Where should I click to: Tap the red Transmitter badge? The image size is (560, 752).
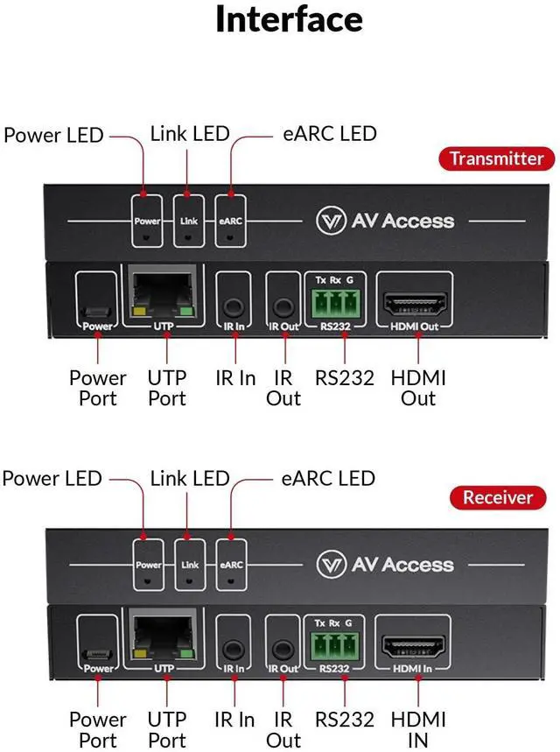tap(497, 158)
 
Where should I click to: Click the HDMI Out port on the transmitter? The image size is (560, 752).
tap(417, 304)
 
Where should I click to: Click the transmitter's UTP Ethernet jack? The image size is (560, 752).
tap(163, 297)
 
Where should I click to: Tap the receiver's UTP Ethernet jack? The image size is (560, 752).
tap(162, 638)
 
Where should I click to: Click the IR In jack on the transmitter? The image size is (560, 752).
tap(233, 307)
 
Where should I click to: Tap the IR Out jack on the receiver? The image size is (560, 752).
tap(282, 650)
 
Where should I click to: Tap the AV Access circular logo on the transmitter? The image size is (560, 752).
tap(328, 221)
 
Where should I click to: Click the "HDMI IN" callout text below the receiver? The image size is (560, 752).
tap(418, 729)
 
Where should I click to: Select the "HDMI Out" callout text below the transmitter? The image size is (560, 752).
tap(418, 388)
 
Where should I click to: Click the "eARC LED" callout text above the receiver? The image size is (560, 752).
tap(327, 478)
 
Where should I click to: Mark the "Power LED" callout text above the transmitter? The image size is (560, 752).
tap(53, 136)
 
